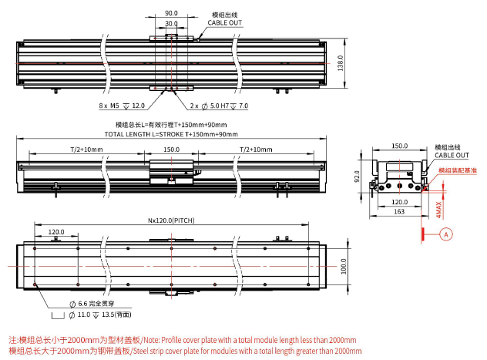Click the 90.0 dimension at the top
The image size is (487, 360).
(171, 13)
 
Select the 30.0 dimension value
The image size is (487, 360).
(171, 23)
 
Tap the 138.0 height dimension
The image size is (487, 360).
(340, 62)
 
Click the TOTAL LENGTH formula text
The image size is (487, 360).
(170, 134)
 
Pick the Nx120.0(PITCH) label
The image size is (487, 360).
(171, 220)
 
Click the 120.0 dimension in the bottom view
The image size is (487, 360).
(56, 230)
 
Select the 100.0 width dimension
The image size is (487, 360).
(343, 265)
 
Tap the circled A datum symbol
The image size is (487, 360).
(445, 234)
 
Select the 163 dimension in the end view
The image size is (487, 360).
(399, 210)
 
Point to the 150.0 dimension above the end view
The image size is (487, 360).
(398, 145)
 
